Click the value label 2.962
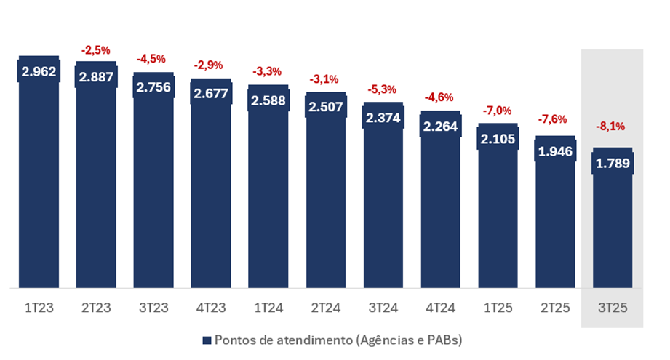click(39, 72)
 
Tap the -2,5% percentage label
click(96, 50)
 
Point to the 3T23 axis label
click(153, 308)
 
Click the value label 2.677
click(211, 93)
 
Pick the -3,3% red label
click(268, 71)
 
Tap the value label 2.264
click(441, 127)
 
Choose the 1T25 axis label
click(498, 308)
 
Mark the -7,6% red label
click(555, 119)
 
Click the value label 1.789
click(613, 164)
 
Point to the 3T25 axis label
click(613, 308)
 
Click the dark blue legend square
click(207, 340)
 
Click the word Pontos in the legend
click(232, 340)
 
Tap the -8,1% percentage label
click(613, 126)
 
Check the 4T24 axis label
click(441, 308)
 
